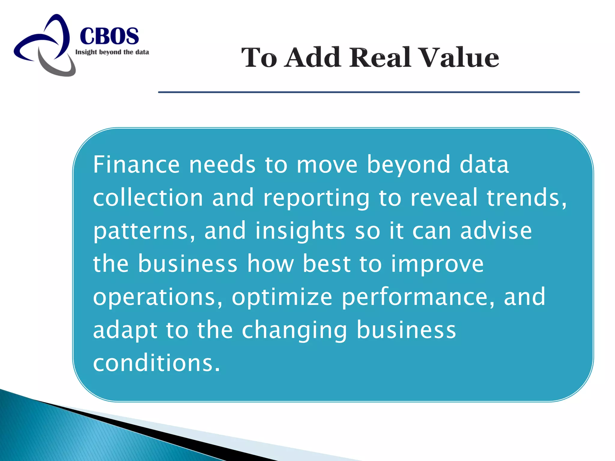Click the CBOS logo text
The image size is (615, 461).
109,36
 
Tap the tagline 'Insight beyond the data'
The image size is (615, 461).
112,52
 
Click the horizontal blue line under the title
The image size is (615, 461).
369,92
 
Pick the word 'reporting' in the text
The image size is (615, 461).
316,199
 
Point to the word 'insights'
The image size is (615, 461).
300,231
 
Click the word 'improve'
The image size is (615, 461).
437,264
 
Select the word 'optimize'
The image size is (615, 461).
282,297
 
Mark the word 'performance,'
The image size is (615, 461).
418,297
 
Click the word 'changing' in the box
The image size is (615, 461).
295,330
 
